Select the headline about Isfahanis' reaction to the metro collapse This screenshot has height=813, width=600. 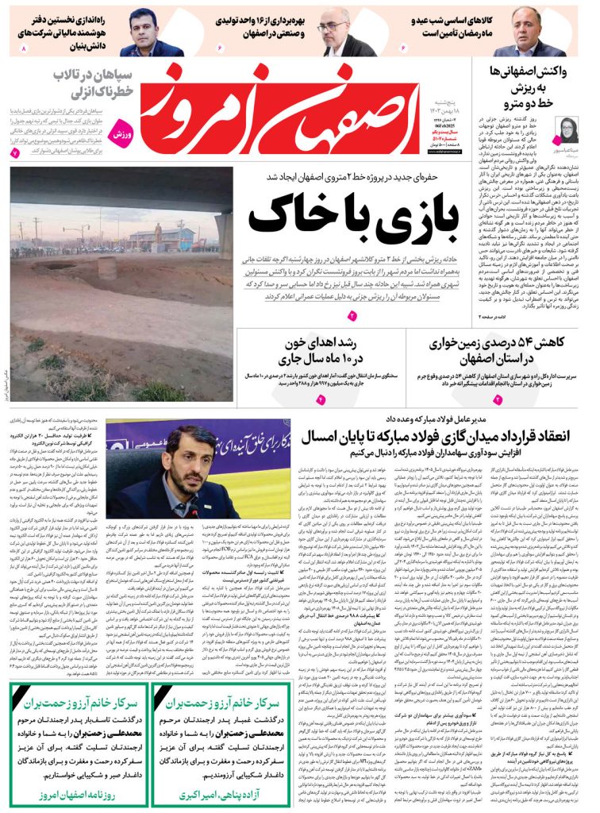pyautogui.click(x=529, y=86)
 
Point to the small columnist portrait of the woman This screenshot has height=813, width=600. pyautogui.click(x=569, y=129)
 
